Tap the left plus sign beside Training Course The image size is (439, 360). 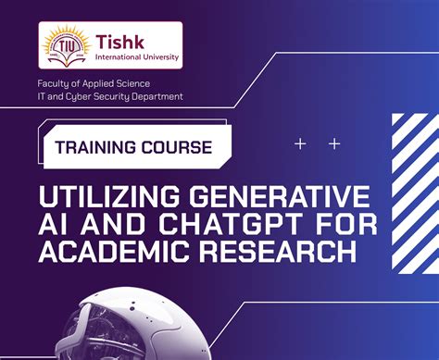coord(299,144)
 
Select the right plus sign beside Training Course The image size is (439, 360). coord(334,144)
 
